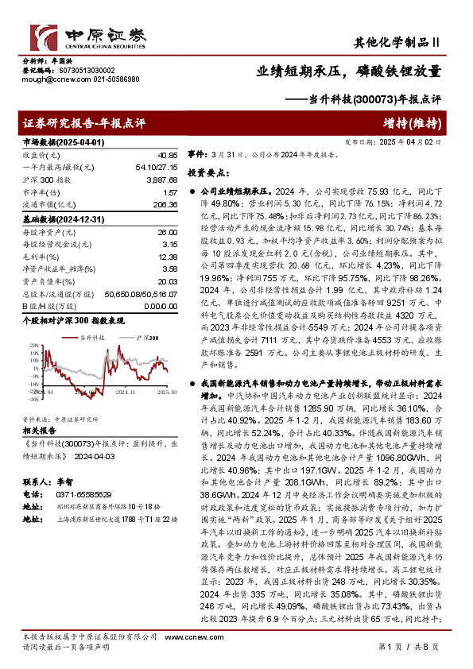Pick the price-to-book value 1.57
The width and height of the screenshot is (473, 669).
pyautogui.click(x=169, y=193)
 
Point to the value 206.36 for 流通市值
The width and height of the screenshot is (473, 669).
pyautogui.click(x=164, y=205)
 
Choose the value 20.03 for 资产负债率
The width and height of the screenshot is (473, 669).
pyautogui.click(x=165, y=281)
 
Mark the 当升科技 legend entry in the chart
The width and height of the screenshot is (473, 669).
pyautogui.click(x=92, y=338)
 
